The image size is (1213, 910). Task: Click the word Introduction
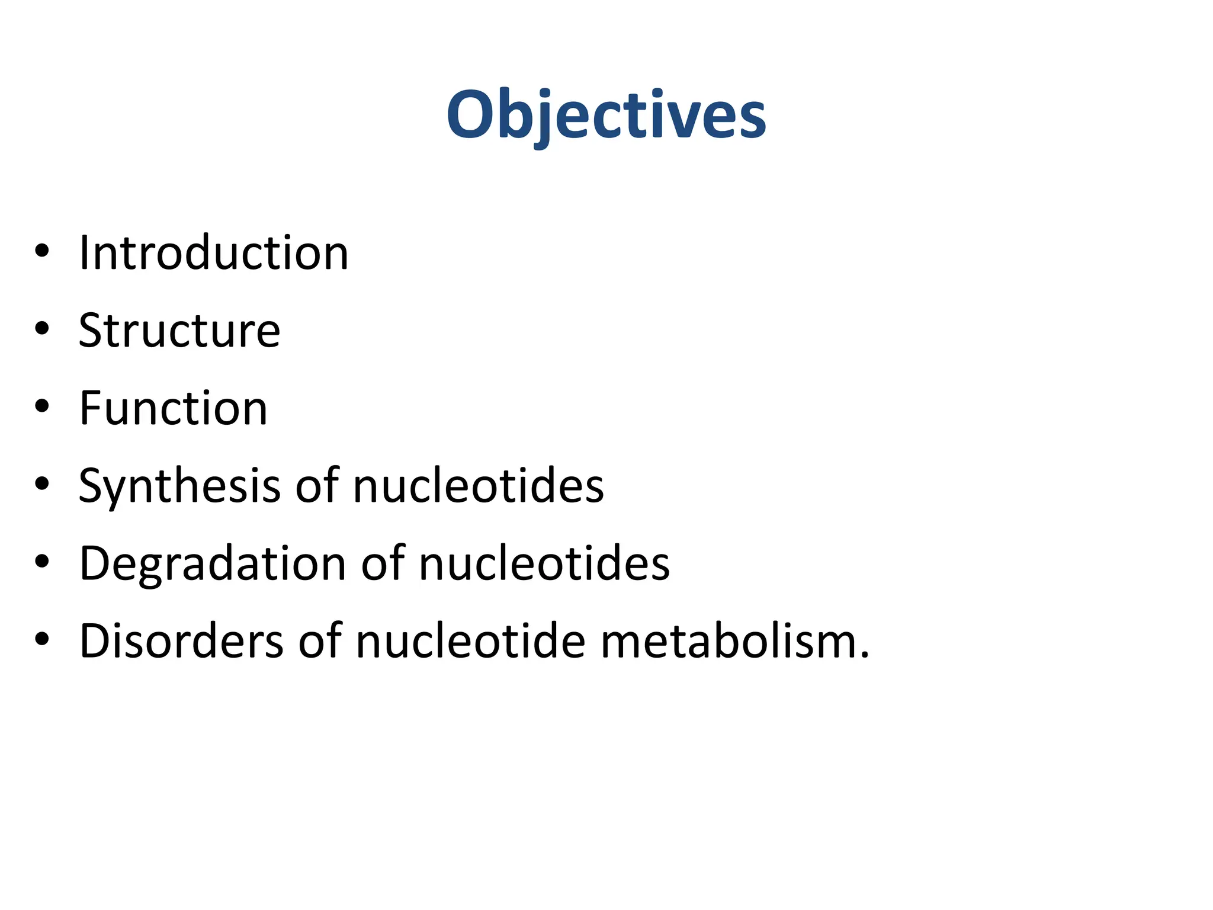[x=214, y=253]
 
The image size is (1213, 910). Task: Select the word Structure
[x=179, y=331]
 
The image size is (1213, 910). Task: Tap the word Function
[x=174, y=408]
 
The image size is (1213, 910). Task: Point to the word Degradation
[x=213, y=564]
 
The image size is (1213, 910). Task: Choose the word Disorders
[x=181, y=641]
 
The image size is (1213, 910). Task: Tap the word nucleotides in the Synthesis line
[x=479, y=486]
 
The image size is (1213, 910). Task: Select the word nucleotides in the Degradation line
[x=544, y=563]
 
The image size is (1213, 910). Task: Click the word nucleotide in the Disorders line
[x=471, y=641]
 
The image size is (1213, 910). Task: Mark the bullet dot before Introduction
[x=42, y=251]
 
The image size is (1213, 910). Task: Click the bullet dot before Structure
[x=42, y=328]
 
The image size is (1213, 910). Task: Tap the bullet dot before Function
[x=42, y=406]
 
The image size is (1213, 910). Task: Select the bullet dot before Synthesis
[x=42, y=483]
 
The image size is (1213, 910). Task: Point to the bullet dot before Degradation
[x=42, y=561]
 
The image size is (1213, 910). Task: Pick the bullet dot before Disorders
[x=42, y=639]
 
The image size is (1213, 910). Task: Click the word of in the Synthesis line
[x=317, y=486]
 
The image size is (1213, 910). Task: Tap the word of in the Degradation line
[x=383, y=563]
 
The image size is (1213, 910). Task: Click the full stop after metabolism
[x=864, y=655]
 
